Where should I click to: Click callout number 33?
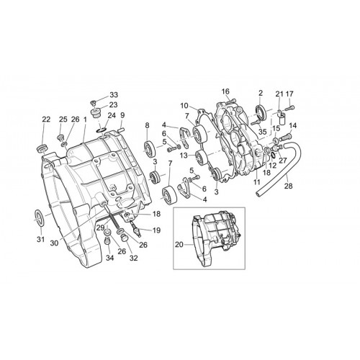coord(114,95)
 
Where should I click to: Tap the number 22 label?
coord(46,120)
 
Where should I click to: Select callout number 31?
coord(40,239)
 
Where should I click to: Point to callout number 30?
coord(55,243)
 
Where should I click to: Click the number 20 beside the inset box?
coord(179,245)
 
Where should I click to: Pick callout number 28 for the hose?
coord(289,186)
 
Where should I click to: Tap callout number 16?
coord(225,91)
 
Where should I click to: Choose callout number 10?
coord(184,105)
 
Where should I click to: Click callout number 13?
coord(184,156)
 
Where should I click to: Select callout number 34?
coord(110,258)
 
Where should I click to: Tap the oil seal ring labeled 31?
coord(39,218)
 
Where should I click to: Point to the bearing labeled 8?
coord(150,150)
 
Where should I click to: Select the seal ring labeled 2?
coord(261,112)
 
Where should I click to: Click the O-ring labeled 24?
coord(101,130)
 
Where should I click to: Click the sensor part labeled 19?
coord(137,230)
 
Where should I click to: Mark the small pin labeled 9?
coord(122,130)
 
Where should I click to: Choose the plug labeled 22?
coord(42,148)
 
